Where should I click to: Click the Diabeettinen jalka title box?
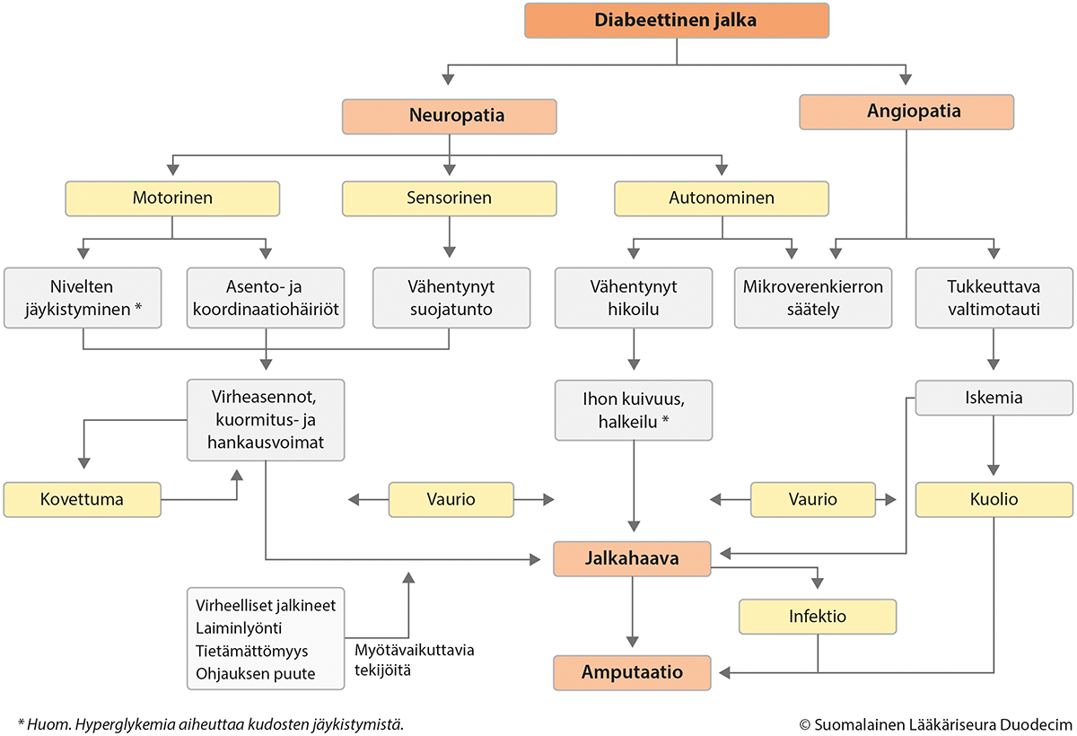pyautogui.click(x=677, y=20)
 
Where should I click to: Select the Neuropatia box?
pyautogui.click(x=449, y=117)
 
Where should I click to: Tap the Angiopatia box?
pyautogui.click(x=906, y=112)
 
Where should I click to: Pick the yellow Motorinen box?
pyautogui.click(x=172, y=198)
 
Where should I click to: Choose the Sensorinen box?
pyautogui.click(x=449, y=198)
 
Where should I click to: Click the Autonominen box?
pyautogui.click(x=722, y=198)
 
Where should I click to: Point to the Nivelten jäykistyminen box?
pyautogui.click(x=83, y=298)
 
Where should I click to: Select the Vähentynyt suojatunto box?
pyautogui.click(x=451, y=298)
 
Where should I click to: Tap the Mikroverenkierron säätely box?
pyautogui.click(x=813, y=298)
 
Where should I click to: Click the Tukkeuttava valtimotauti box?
pyautogui.click(x=994, y=298)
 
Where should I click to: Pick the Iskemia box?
pyautogui.click(x=994, y=398)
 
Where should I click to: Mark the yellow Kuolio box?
pyautogui.click(x=994, y=500)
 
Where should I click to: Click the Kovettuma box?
pyautogui.click(x=83, y=500)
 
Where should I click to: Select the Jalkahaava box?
pyautogui.click(x=632, y=559)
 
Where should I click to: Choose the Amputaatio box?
pyautogui.click(x=632, y=673)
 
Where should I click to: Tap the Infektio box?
pyautogui.click(x=818, y=617)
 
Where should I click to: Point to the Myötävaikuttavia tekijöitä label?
pyautogui.click(x=415, y=660)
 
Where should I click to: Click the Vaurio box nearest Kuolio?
pyautogui.click(x=813, y=500)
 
